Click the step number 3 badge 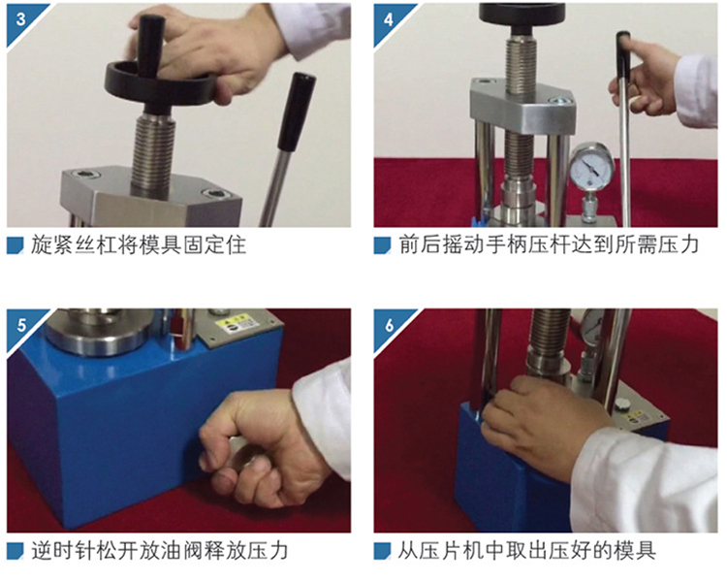pos(21,18)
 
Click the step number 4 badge pos(389,18)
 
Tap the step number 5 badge pos(21,325)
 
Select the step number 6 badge pos(389,325)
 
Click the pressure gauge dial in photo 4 pos(590,167)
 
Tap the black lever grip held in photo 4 pos(623,56)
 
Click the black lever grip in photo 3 pos(297,112)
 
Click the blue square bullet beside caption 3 pos(16,245)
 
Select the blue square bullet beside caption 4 pos(383,245)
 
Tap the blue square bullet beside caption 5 pos(16,551)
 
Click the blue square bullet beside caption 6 pos(383,551)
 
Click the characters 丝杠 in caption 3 pos(96,245)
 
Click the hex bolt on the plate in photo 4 pos(557,99)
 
